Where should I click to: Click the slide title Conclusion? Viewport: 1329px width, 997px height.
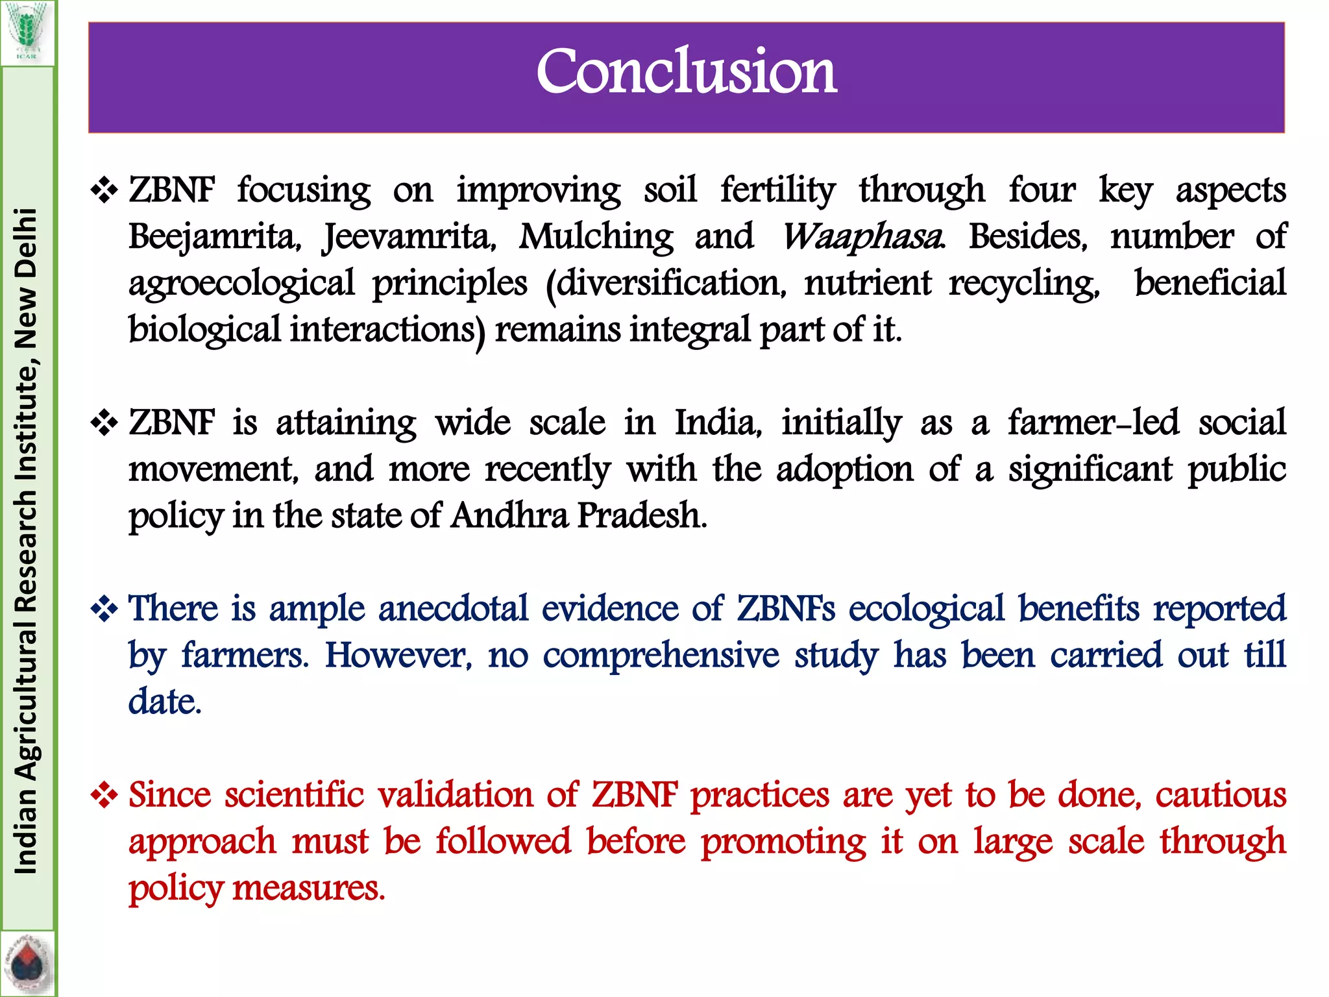click(x=686, y=71)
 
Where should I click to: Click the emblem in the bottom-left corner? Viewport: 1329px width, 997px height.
click(x=27, y=965)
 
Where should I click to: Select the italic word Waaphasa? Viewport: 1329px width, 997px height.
click(x=862, y=236)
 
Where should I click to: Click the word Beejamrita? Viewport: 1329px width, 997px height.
click(x=214, y=236)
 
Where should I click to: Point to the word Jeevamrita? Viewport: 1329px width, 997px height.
click(x=409, y=236)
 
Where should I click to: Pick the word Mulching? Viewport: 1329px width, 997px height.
click(x=596, y=236)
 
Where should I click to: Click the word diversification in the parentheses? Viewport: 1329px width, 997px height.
click(x=666, y=283)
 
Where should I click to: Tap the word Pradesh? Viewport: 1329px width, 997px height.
click(x=641, y=516)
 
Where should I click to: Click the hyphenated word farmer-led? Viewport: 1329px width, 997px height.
click(x=1093, y=423)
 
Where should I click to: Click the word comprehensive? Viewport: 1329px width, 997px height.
click(x=661, y=656)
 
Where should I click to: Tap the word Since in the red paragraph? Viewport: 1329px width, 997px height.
click(x=169, y=795)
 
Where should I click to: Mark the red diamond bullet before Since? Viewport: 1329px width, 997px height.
click(x=104, y=795)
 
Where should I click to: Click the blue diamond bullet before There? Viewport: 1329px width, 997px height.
click(x=104, y=609)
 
